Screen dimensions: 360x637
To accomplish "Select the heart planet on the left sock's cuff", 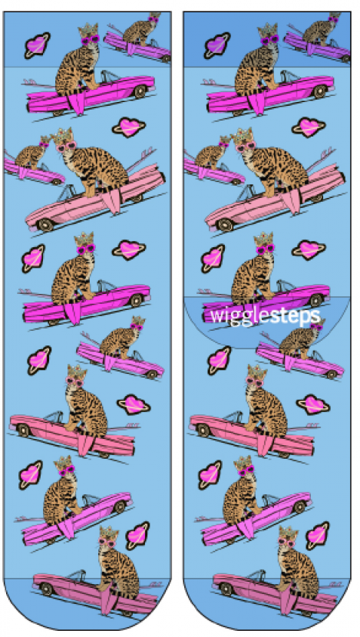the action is pyautogui.click(x=37, y=45).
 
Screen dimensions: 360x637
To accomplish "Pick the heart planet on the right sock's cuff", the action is pyautogui.click(x=217, y=45).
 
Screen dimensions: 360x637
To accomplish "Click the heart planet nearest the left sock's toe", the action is pyautogui.click(x=137, y=536).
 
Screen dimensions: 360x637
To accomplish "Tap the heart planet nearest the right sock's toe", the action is pyautogui.click(x=317, y=536).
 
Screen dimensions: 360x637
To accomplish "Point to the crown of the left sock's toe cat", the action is pyautogui.click(x=108, y=533).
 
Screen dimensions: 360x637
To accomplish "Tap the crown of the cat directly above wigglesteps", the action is pyautogui.click(x=265, y=239).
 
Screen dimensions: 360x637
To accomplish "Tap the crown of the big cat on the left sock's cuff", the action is pyautogui.click(x=89, y=30).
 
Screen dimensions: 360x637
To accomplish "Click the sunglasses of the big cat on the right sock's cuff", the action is pyautogui.click(x=270, y=40).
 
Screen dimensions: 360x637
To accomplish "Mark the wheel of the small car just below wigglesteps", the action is pyautogui.click(x=332, y=375).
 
